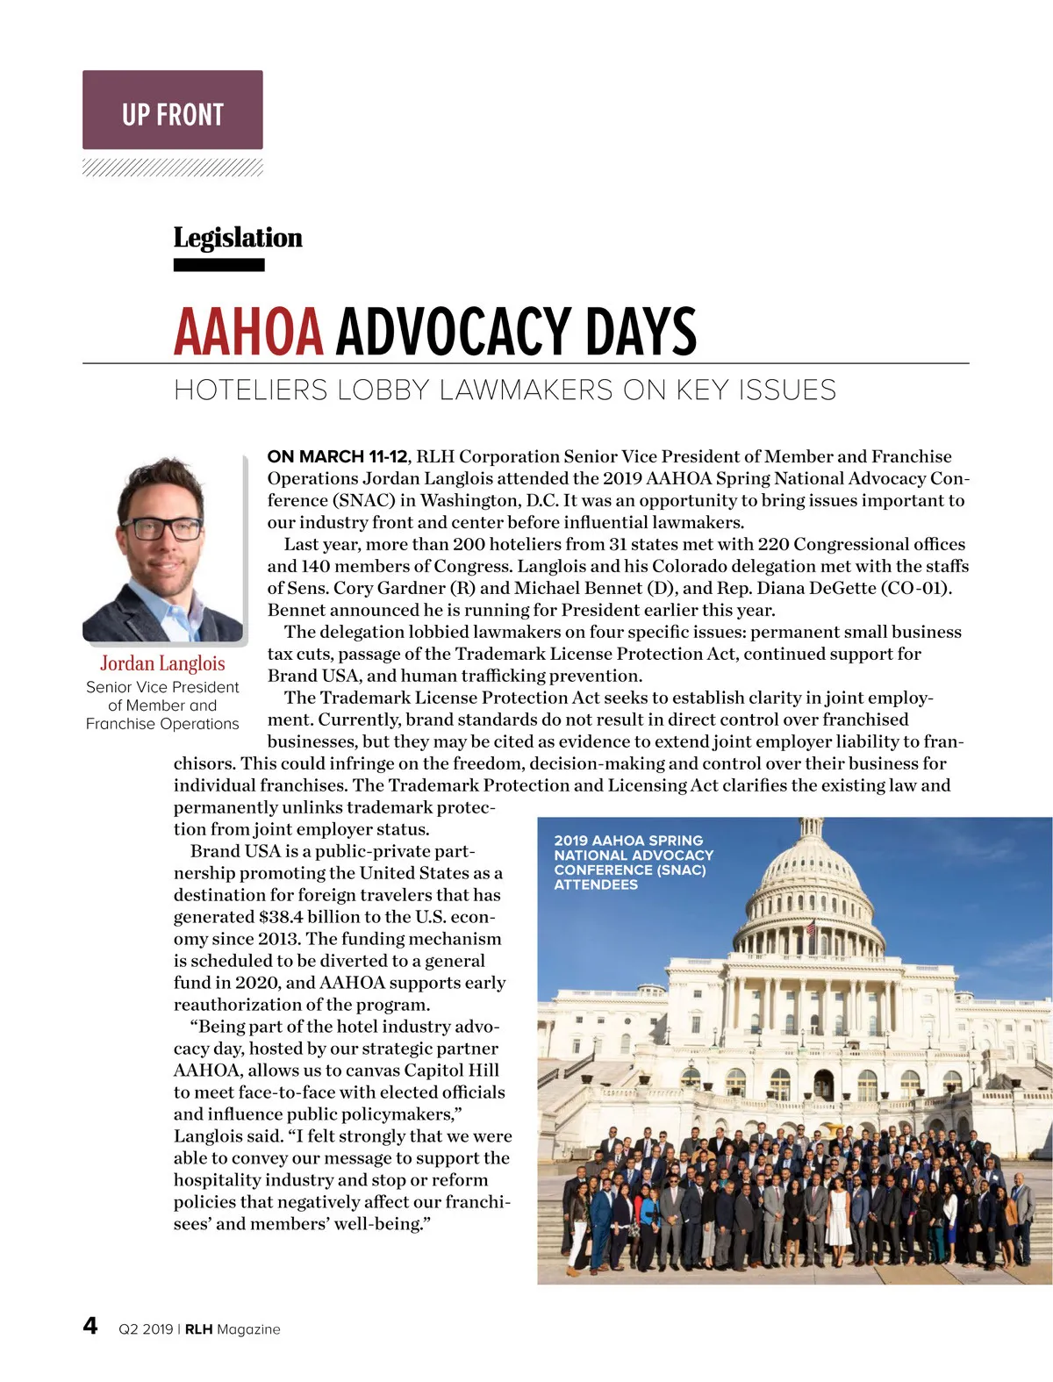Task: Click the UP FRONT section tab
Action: click(x=173, y=111)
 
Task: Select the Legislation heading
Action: click(x=237, y=238)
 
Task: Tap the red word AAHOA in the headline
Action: click(x=248, y=332)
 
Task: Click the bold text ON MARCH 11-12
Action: click(x=337, y=456)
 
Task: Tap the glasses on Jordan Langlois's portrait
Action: click(x=161, y=529)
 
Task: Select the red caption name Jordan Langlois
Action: click(x=162, y=663)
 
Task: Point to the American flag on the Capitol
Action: click(x=810, y=926)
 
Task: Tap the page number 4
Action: click(x=90, y=1325)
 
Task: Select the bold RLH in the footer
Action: click(x=198, y=1329)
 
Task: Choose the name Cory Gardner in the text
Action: click(x=389, y=588)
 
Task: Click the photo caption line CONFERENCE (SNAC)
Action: click(x=629, y=870)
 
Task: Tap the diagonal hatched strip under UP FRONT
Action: click(x=173, y=168)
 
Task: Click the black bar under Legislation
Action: click(x=218, y=265)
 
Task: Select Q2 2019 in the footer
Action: click(x=146, y=1329)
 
